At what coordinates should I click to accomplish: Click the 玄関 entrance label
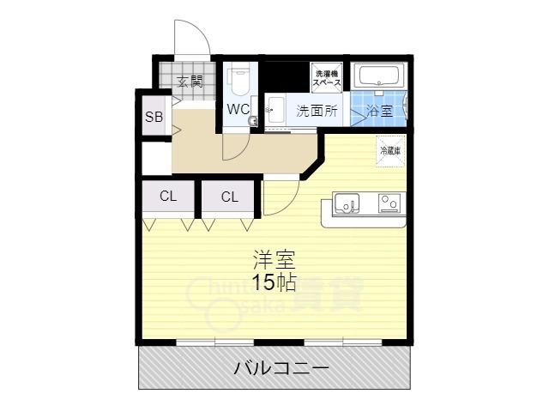190,82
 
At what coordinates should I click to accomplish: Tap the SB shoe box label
154,117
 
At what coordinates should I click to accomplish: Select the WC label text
238,109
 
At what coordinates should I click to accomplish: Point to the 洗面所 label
317,111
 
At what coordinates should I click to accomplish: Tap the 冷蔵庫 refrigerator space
390,151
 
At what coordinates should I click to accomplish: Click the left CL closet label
168,197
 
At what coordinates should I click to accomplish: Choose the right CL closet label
228,197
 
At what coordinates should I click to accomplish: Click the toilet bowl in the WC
238,82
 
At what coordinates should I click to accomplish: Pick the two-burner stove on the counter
389,204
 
